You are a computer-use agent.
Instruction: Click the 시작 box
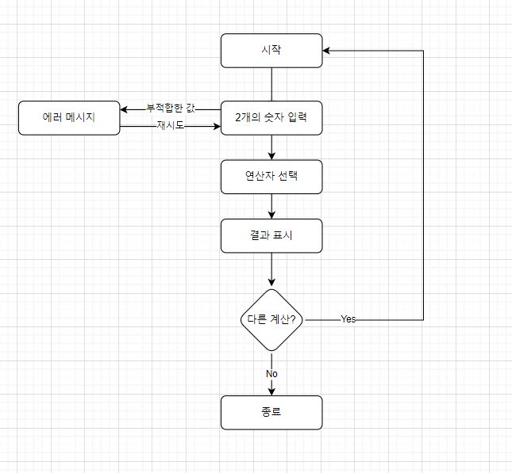tap(271, 50)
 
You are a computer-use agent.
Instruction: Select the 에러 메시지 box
tap(69, 118)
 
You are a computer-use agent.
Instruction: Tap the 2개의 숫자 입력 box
tap(271, 118)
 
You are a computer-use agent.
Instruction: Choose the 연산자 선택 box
tap(271, 177)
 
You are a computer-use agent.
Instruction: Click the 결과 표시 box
tap(271, 235)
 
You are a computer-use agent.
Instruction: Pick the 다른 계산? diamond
tap(271, 319)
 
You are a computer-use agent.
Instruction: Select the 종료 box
tap(271, 412)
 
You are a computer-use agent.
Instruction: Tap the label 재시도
tap(171, 125)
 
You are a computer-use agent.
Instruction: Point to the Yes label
tap(348, 319)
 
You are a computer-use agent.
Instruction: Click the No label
tap(271, 373)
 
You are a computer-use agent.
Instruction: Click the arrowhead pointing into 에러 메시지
tap(125, 109)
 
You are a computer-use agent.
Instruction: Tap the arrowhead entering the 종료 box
tap(271, 391)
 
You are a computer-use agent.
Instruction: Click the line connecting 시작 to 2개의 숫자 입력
tap(271, 84)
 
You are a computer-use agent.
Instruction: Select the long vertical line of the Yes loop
tap(424, 182)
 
